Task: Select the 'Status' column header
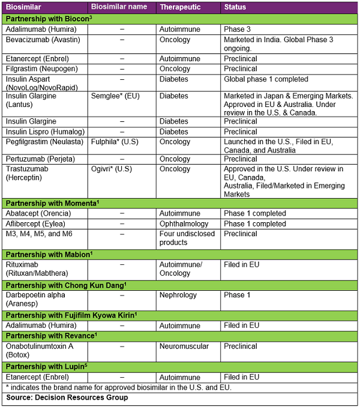click(235, 7)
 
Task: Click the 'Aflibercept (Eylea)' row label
click(37, 223)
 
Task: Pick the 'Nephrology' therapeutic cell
click(179, 295)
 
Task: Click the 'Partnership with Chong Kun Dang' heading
click(65, 285)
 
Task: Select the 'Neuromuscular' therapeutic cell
click(184, 346)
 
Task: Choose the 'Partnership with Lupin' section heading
click(46, 366)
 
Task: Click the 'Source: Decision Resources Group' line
click(67, 398)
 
